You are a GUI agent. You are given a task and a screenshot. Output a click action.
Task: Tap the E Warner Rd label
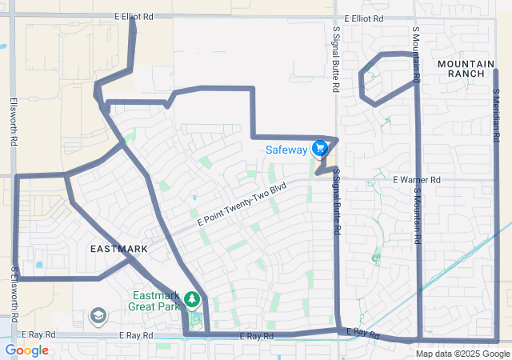coord(416,180)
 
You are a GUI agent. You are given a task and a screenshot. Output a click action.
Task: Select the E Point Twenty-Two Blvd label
coord(241,202)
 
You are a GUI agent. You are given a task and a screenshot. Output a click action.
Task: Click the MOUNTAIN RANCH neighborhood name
coord(461,68)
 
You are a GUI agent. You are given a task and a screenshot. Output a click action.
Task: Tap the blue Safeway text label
coord(287,149)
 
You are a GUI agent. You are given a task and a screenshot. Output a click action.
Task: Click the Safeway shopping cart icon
coord(320,148)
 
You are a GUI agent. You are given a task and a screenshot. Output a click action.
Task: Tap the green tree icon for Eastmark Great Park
coord(192,299)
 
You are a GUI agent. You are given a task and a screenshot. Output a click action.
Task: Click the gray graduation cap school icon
coord(98,317)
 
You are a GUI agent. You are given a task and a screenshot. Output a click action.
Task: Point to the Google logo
coord(26,350)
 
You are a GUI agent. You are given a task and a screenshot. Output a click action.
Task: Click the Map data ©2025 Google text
coord(462,354)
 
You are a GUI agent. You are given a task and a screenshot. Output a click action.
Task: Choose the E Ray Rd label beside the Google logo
coord(38,334)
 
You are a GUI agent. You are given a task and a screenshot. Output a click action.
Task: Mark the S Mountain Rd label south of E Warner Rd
coord(417,211)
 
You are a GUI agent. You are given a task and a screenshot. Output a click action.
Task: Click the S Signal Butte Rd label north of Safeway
coord(336,58)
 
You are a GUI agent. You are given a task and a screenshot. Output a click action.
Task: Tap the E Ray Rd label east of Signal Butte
coord(362,333)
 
